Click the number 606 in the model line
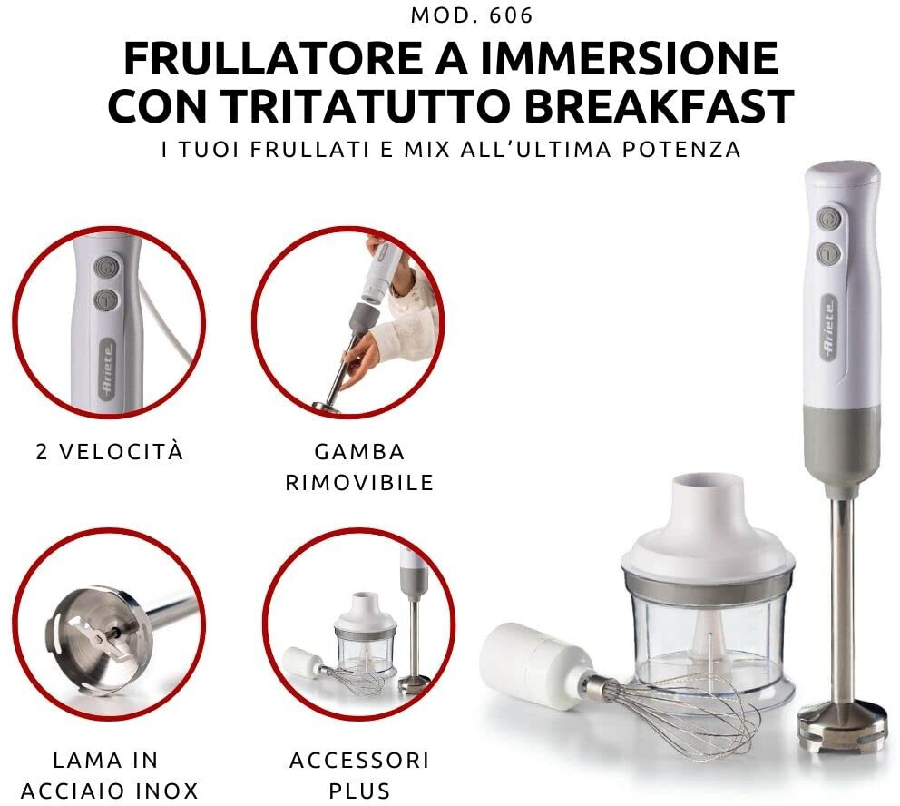pyautogui.click(x=512, y=15)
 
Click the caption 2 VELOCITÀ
pyautogui.click(x=110, y=452)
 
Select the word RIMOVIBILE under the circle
pyautogui.click(x=359, y=482)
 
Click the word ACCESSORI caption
pyautogui.click(x=359, y=760)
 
